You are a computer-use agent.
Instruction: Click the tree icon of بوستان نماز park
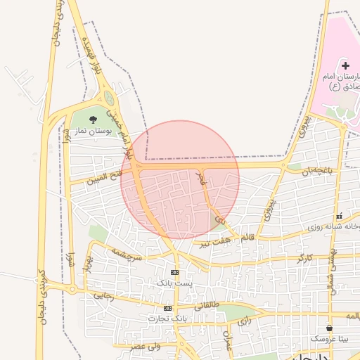pyautogui.click(x=94, y=119)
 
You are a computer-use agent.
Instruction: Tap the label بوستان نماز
pyautogui.click(x=91, y=131)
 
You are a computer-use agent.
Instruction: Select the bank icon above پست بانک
pyautogui.click(x=174, y=272)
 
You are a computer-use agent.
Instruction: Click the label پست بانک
pyautogui.click(x=174, y=283)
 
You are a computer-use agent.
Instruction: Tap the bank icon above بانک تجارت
pyautogui.click(x=167, y=309)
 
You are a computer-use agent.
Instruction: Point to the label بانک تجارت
pyautogui.click(x=167, y=319)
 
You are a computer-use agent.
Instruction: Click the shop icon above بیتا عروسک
pyautogui.click(x=329, y=328)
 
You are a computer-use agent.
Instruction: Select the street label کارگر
pyautogui.click(x=304, y=259)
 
